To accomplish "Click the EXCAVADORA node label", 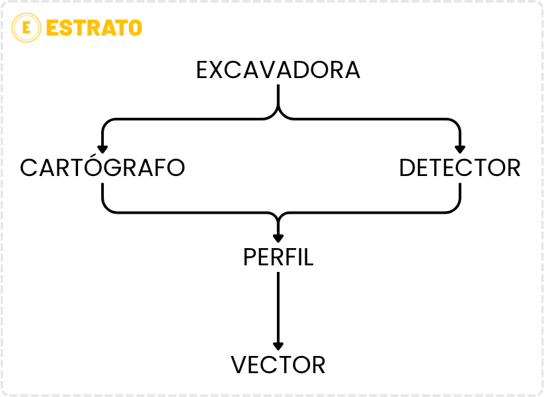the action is click(278, 70).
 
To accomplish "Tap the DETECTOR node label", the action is click(459, 168).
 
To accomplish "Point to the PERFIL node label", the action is click(278, 257).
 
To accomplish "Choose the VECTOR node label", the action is click(278, 365).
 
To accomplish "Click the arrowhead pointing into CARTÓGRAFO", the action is click(102, 149).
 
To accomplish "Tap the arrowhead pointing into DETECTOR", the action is click(459, 149).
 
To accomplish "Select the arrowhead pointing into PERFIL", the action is click(278, 238).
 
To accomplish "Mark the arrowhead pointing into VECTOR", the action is click(278, 346).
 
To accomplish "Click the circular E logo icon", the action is click(26, 28).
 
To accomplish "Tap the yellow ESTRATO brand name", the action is click(94, 28).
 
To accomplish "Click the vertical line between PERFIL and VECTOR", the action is click(278, 309).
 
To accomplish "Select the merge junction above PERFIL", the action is click(278, 217).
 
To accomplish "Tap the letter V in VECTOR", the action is click(239, 365).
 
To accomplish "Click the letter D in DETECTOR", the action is click(407, 168).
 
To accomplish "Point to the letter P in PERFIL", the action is click(250, 257).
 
